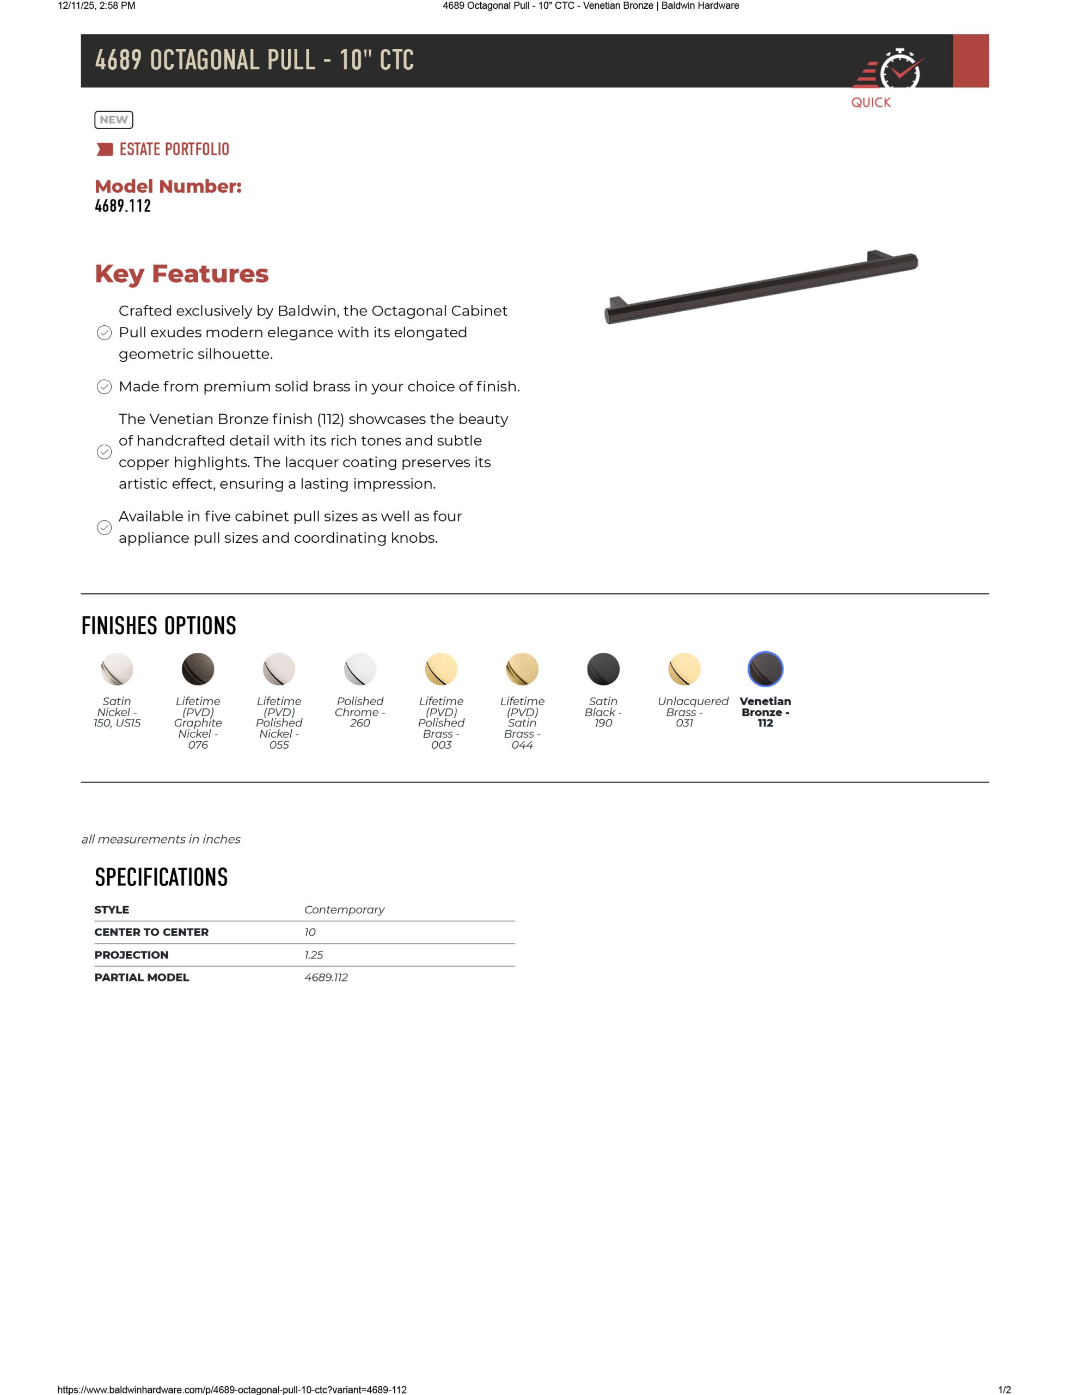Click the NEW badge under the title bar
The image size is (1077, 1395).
114,119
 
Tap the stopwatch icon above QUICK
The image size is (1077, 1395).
899,71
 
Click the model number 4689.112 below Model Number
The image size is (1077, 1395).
123,205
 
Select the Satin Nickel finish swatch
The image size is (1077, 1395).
117,669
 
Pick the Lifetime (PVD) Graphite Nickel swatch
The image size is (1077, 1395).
198,669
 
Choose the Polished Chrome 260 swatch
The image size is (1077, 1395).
360,669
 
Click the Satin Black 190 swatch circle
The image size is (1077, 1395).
603,669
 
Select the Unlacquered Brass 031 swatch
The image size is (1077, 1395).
684,669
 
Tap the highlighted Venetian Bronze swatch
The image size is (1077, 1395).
766,669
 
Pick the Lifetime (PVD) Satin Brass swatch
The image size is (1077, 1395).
522,669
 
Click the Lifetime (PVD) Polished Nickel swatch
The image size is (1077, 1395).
279,669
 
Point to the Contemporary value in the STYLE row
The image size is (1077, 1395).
344,909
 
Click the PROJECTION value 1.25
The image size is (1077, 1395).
314,955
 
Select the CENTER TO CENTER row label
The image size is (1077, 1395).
151,932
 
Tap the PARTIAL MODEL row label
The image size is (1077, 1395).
142,977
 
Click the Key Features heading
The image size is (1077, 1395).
181,274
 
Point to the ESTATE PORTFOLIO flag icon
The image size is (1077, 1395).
104,149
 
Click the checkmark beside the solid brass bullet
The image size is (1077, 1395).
104,387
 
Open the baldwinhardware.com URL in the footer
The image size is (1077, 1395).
232,1389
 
